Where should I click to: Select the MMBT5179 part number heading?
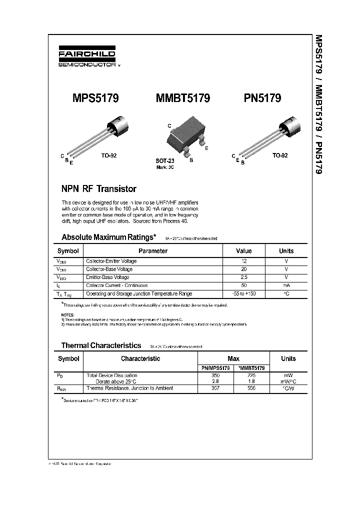point(183,98)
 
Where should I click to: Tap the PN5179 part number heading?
point(262,98)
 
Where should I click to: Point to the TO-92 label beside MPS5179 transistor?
point(109,155)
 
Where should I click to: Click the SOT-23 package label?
point(165,161)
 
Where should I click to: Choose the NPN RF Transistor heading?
point(98,189)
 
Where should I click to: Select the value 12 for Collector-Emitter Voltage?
point(243,261)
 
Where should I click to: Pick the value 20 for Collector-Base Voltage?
point(243,269)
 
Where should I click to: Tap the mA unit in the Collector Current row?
point(286,285)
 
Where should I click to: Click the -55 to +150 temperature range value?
point(243,293)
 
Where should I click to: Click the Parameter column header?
point(152,251)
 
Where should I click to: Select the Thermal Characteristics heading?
point(101,345)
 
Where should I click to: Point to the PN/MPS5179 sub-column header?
point(216,368)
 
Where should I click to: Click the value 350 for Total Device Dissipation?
point(216,375)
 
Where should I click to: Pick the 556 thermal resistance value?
point(251,388)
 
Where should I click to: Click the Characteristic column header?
point(140,358)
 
